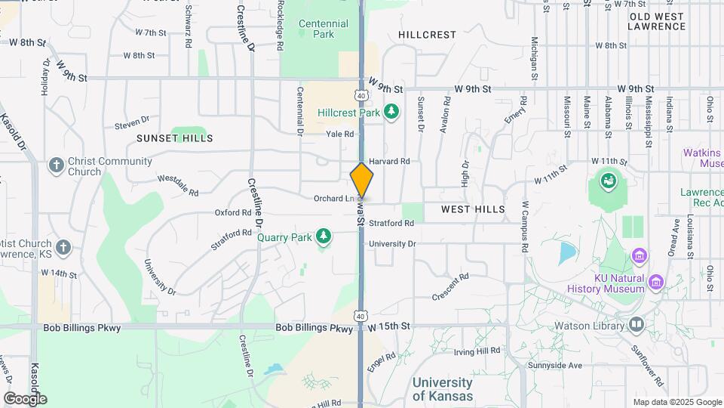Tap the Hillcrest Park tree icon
coord(391,113)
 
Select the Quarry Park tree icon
coord(324,237)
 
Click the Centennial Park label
coord(324,29)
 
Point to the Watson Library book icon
coord(637,325)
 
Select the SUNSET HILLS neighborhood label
coord(175,138)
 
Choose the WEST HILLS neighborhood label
coord(473,209)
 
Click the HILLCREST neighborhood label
coord(428,35)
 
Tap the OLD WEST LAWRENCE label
coord(658,21)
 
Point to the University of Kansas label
coord(443,389)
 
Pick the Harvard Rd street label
coord(389,161)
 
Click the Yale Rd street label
coord(340,134)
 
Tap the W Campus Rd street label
coord(524,227)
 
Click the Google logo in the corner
coord(25,398)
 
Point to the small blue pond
coord(566,254)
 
